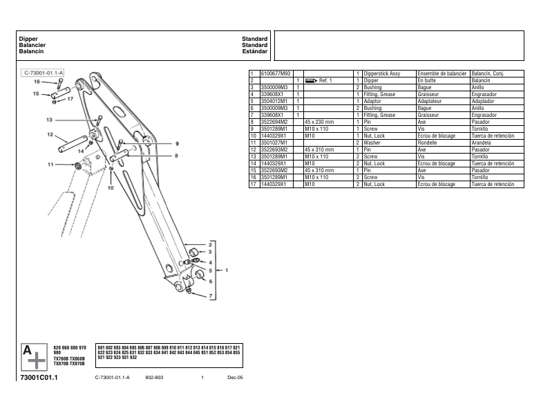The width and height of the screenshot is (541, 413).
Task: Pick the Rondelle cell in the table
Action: pyautogui.click(x=429, y=143)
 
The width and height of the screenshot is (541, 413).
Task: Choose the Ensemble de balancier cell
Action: pyautogui.click(x=442, y=73)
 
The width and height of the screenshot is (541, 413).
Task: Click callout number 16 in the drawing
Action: pyautogui.click(x=37, y=82)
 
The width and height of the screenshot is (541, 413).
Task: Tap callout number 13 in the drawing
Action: pyautogui.click(x=49, y=120)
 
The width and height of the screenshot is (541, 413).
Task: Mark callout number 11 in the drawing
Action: pyautogui.click(x=49, y=165)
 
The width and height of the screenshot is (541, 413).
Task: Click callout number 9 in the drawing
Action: pyautogui.click(x=176, y=144)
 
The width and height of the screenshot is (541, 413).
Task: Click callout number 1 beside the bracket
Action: pyautogui.click(x=227, y=270)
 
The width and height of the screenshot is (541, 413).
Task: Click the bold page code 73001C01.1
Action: pyautogui.click(x=39, y=378)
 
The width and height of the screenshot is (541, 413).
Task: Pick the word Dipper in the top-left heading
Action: pyautogui.click(x=28, y=39)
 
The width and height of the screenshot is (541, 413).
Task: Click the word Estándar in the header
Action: pyautogui.click(x=254, y=51)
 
